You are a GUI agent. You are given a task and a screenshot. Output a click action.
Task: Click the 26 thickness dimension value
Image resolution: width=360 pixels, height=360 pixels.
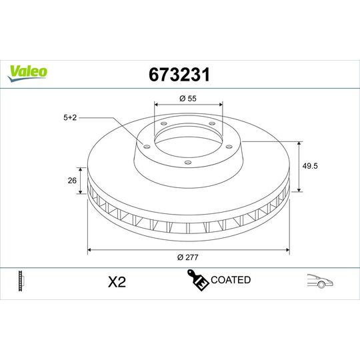click(x=73, y=180)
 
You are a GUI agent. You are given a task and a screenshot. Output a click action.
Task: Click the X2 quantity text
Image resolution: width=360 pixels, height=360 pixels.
click(x=117, y=282)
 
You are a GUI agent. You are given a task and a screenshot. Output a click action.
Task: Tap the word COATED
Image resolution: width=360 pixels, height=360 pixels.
click(x=230, y=280)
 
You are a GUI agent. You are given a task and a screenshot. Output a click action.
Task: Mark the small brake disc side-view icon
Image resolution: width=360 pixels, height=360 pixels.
click(x=22, y=281)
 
